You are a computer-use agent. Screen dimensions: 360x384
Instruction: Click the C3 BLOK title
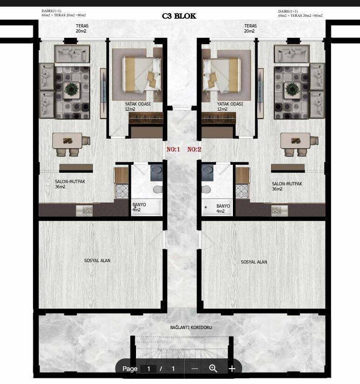(x=179, y=16)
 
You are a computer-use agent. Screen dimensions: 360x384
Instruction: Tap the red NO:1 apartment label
(x=173, y=149)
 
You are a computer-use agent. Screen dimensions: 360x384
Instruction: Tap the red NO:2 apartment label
(x=194, y=149)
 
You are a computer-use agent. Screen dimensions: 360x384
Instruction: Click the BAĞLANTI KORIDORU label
(x=191, y=327)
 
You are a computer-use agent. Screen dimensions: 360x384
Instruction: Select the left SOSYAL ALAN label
(x=97, y=261)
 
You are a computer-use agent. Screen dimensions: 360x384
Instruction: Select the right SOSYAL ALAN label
(x=254, y=262)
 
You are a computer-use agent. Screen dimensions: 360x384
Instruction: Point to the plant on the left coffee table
(x=72, y=89)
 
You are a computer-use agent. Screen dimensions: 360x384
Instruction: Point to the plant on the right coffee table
(x=292, y=89)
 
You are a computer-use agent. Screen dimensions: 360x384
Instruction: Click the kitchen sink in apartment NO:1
(x=84, y=210)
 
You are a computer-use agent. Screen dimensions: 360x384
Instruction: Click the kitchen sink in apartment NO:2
(x=279, y=210)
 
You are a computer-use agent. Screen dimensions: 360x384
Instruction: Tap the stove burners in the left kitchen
(x=122, y=191)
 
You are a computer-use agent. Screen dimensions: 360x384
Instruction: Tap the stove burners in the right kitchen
(x=242, y=191)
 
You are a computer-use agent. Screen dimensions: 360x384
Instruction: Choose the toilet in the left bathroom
(x=157, y=189)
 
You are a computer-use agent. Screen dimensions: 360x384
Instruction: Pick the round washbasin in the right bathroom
(x=207, y=170)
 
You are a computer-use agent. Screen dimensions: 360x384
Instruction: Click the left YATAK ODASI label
(x=137, y=107)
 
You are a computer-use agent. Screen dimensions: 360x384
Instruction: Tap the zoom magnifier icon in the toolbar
(x=213, y=368)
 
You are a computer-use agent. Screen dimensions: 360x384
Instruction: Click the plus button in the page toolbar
(x=232, y=369)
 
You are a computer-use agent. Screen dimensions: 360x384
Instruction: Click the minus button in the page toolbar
(x=195, y=369)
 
